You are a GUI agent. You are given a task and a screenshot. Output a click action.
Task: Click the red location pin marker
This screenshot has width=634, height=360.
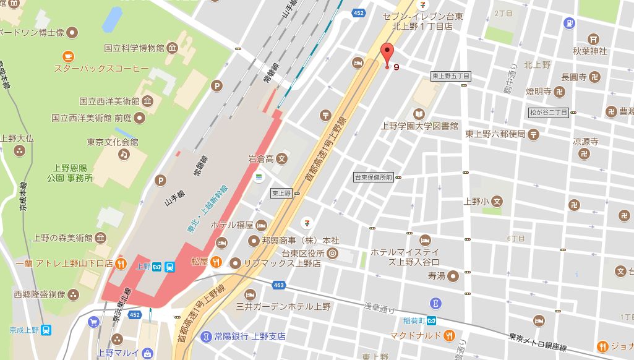coord(387,54)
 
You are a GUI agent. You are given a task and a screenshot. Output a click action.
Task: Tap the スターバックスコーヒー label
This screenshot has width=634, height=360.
coord(101,67)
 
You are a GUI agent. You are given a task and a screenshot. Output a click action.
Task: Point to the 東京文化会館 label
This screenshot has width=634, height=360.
coord(112,142)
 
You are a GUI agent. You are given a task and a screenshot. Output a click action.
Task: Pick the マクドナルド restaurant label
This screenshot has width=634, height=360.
coord(416,336)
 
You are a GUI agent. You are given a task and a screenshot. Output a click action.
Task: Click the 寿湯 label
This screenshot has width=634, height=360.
coord(436,276)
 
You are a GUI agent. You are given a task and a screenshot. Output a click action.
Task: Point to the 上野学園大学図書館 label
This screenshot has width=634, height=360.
coord(419,126)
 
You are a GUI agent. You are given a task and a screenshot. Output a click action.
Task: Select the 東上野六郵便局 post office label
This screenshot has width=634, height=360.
coord(495,134)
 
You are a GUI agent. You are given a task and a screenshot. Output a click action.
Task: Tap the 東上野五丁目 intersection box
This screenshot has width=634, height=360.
coord(451,76)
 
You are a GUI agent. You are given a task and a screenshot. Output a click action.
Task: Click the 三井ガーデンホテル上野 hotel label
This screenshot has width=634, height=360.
coord(284,306)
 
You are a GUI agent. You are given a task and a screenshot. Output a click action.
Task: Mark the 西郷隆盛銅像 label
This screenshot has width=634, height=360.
coord(40,294)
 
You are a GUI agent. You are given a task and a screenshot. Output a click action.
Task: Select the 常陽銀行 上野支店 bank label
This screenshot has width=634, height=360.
coord(250,336)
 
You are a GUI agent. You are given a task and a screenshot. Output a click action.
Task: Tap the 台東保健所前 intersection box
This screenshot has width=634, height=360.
coord(374,178)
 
